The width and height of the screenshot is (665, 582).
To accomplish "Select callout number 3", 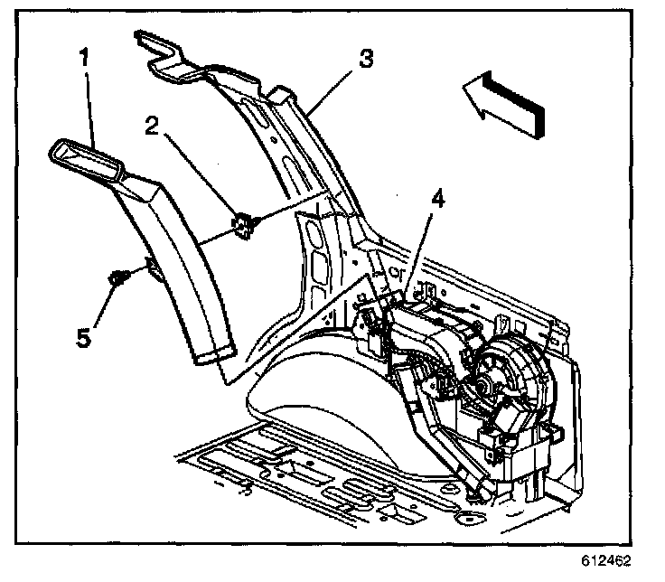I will [x=364, y=61].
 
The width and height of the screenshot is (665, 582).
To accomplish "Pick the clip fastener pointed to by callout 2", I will [x=243, y=226].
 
